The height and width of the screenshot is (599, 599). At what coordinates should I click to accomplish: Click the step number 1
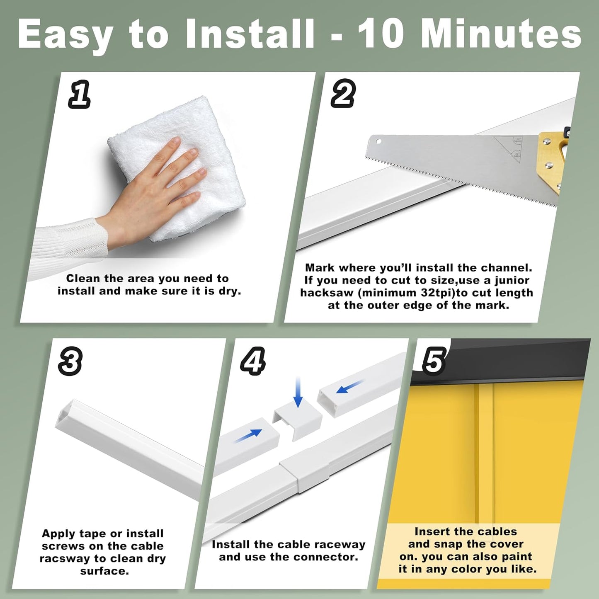pyautogui.click(x=80, y=95)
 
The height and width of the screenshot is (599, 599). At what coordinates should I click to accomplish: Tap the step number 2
pyautogui.click(x=343, y=94)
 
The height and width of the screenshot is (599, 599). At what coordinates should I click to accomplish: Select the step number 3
pyautogui.click(x=70, y=361)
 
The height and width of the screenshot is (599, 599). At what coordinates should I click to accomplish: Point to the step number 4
pyautogui.click(x=252, y=361)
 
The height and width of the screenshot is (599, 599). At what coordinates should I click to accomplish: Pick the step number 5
pyautogui.click(x=434, y=360)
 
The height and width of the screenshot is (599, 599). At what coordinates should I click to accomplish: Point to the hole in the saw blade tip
pyautogui.click(x=378, y=142)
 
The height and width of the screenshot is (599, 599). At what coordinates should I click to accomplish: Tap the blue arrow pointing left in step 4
pyautogui.click(x=349, y=388)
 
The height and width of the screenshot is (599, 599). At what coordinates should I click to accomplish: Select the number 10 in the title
pyautogui.click(x=381, y=34)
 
